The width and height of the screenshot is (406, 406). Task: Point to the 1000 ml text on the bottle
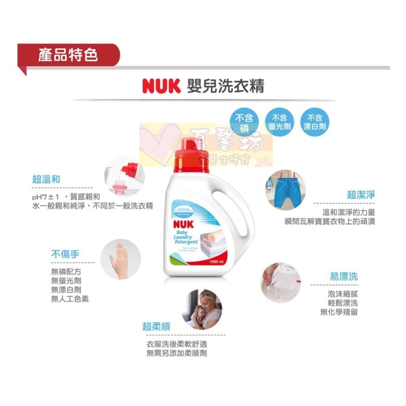click(216, 262)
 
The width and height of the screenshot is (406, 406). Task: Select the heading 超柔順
click(156, 326)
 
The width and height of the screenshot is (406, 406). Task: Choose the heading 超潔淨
click(361, 194)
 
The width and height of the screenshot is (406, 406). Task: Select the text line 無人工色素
click(70, 299)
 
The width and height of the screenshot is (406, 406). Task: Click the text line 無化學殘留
click(339, 312)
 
